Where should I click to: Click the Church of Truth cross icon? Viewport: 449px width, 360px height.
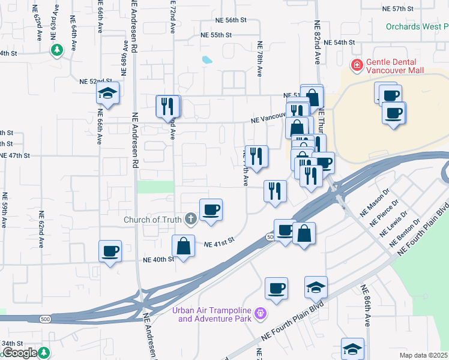pos(191,219)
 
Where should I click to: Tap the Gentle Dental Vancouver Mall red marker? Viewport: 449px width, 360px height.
pos(357,64)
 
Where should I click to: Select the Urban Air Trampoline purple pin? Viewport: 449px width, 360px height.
pos(260,313)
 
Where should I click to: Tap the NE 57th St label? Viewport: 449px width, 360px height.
pos(399,9)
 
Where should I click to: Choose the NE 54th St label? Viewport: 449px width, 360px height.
pos(340,43)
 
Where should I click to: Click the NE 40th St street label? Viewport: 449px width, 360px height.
pos(158,260)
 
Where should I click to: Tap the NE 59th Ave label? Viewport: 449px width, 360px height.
pos(4,210)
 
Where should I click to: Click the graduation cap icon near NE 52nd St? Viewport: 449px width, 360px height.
pos(108,93)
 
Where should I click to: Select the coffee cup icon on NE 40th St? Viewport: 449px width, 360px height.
pos(110,251)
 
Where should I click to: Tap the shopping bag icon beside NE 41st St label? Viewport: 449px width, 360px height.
pos(183,245)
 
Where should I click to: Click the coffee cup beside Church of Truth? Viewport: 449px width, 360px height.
pos(211,210)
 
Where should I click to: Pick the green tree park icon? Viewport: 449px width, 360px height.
pos(57,50)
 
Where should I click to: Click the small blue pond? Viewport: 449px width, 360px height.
pos(207,60)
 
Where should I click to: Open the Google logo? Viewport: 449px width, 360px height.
pos(20,353)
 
